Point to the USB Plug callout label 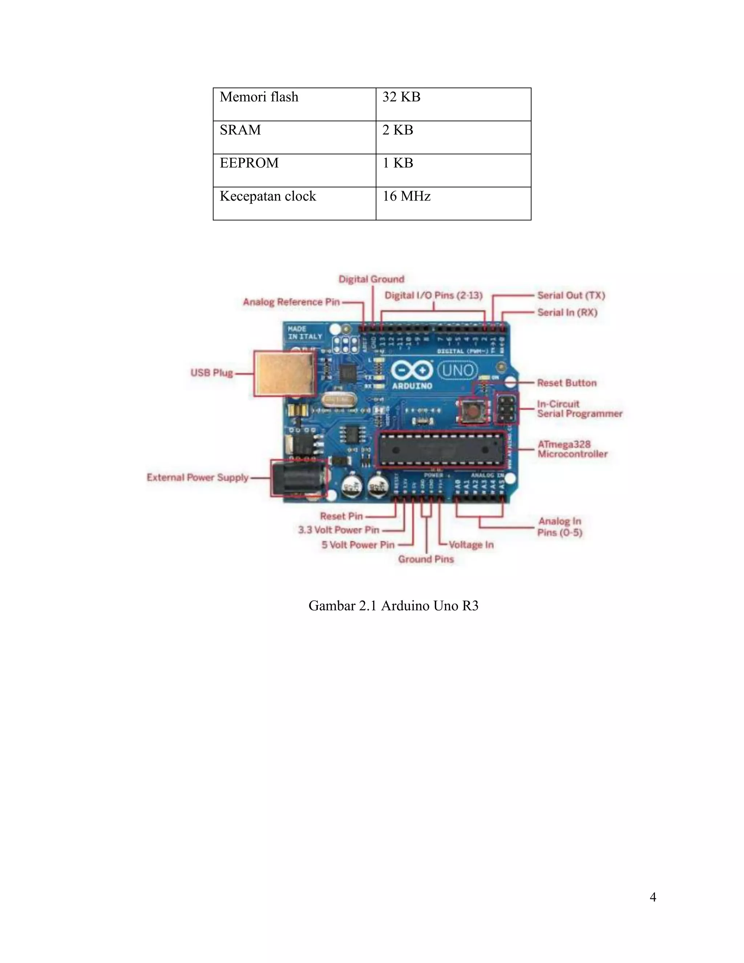click(211, 373)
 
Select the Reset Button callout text click(567, 383)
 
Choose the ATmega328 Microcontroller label click(572, 449)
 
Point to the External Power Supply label click(198, 478)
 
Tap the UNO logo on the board click(457, 370)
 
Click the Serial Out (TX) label click(571, 295)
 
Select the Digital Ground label click(371, 279)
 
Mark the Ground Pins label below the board click(426, 559)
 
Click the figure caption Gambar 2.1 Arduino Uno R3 click(393, 606)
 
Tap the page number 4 click(653, 897)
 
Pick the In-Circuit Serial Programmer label click(579, 409)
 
